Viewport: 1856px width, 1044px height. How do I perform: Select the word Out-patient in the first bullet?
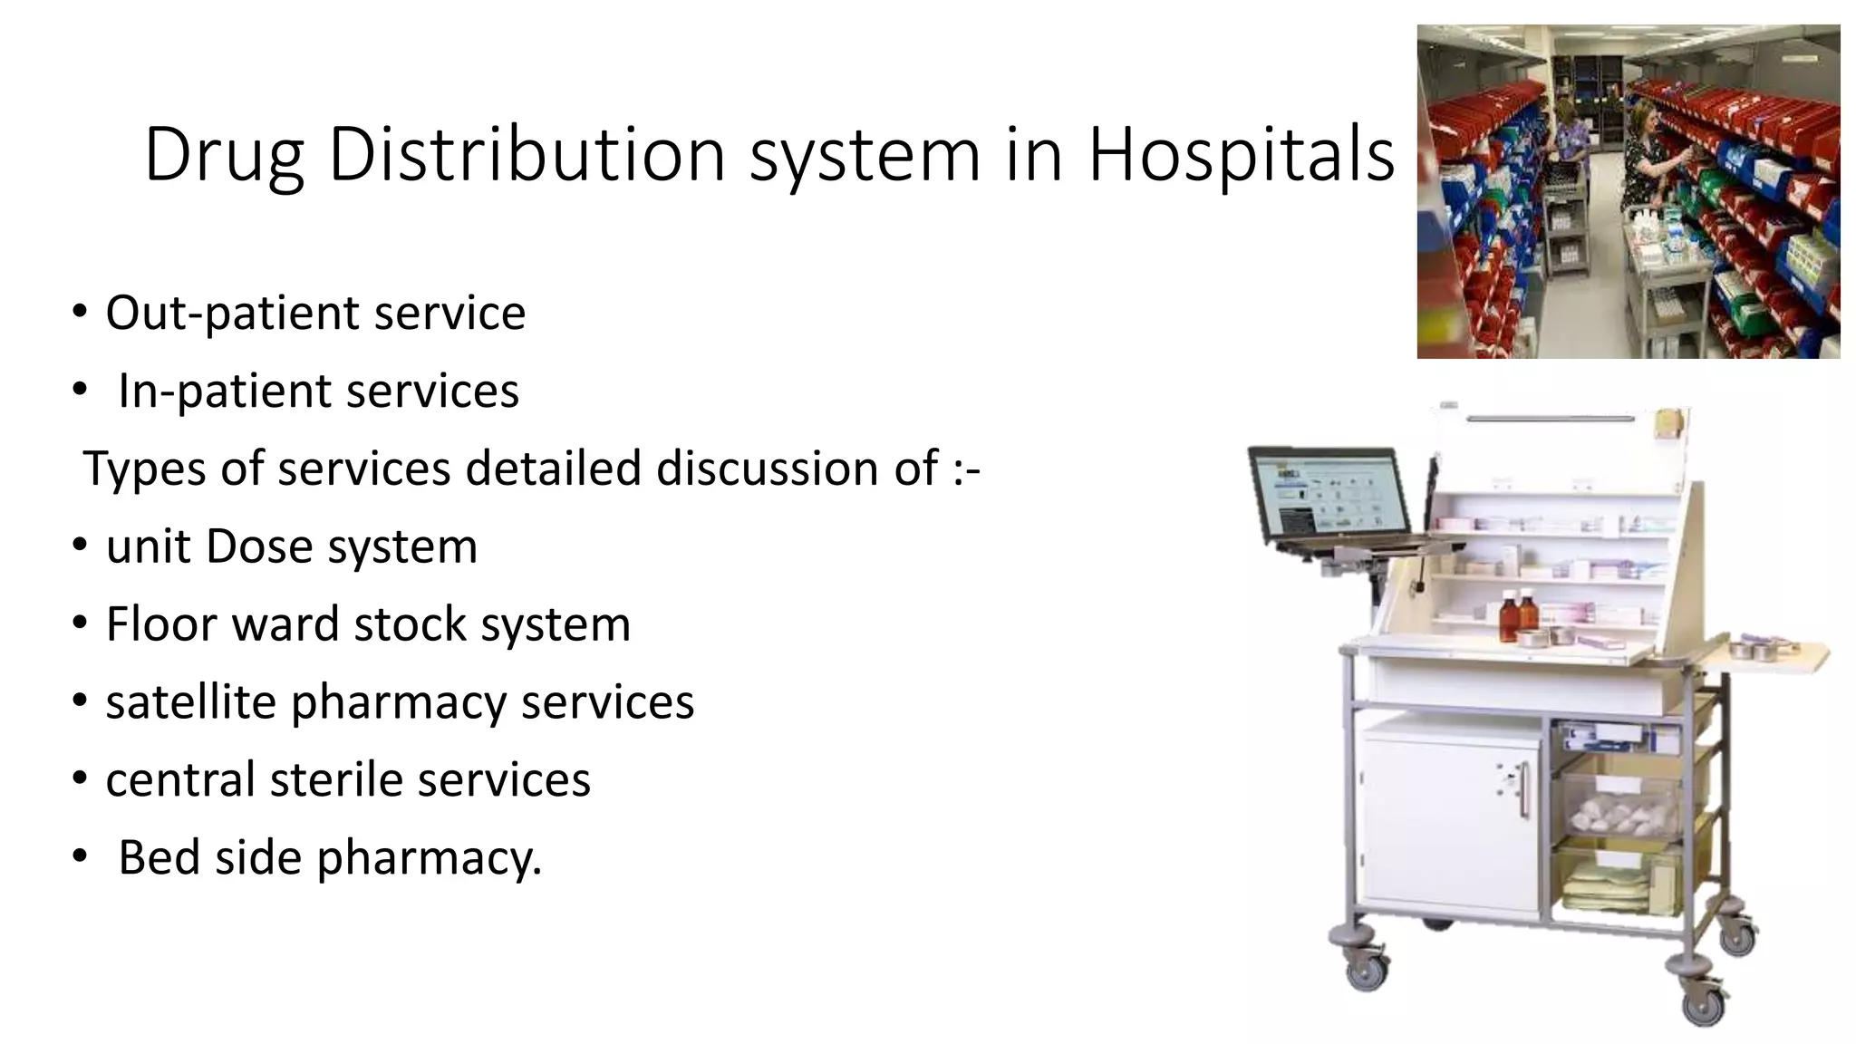click(x=232, y=314)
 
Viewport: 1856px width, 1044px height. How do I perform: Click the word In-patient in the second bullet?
click(x=223, y=391)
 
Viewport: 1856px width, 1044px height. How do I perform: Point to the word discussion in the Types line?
click(x=797, y=469)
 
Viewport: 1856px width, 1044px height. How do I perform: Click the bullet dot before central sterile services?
click(x=80, y=778)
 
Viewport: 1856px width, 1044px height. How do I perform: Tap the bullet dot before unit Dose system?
click(x=80, y=546)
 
